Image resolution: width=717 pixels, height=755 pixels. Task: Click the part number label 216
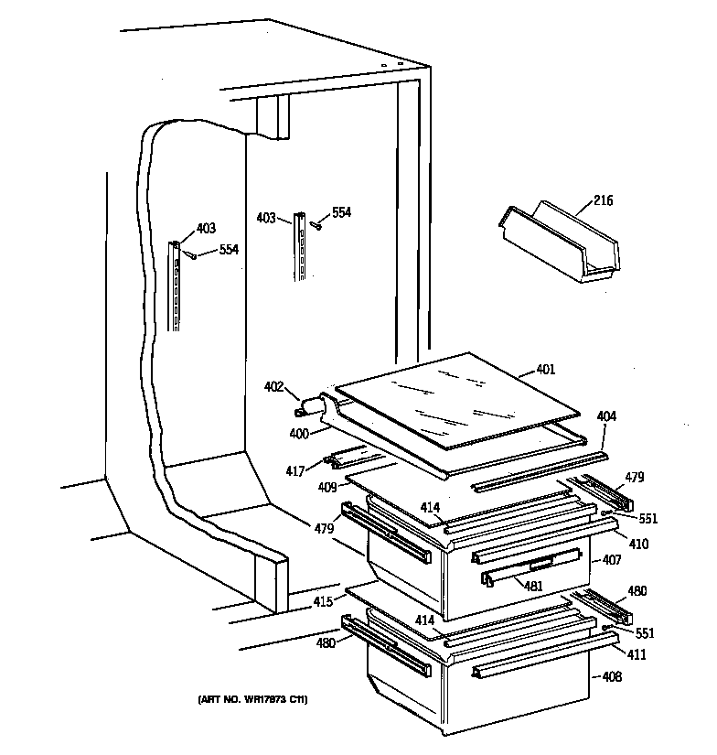coord(603,201)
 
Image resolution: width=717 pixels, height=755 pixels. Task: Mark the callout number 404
coord(607,416)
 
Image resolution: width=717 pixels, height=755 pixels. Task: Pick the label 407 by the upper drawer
coord(612,559)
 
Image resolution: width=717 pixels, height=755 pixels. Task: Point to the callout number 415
coord(322,601)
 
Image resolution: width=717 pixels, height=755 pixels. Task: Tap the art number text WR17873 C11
coord(252,700)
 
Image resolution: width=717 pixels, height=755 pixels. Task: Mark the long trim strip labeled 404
coord(540,469)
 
